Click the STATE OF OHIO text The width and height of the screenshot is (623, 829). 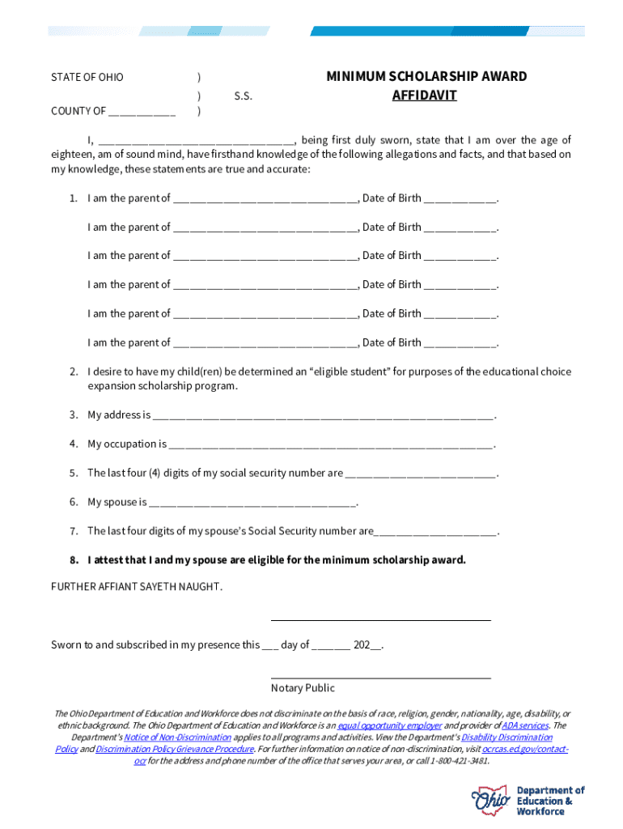(87, 78)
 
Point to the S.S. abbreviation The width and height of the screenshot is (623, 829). (243, 96)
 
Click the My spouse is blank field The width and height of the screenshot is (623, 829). (252, 503)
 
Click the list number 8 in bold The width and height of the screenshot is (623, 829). (73, 560)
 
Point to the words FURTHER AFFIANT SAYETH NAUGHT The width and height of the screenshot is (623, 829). (137, 586)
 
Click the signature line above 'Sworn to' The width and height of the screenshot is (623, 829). (380, 619)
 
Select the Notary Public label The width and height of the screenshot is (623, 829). (303, 688)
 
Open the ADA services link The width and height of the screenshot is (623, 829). (525, 726)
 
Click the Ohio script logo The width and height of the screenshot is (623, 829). (491, 801)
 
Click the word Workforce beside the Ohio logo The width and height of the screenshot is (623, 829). (541, 811)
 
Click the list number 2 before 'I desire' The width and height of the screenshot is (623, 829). (73, 372)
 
